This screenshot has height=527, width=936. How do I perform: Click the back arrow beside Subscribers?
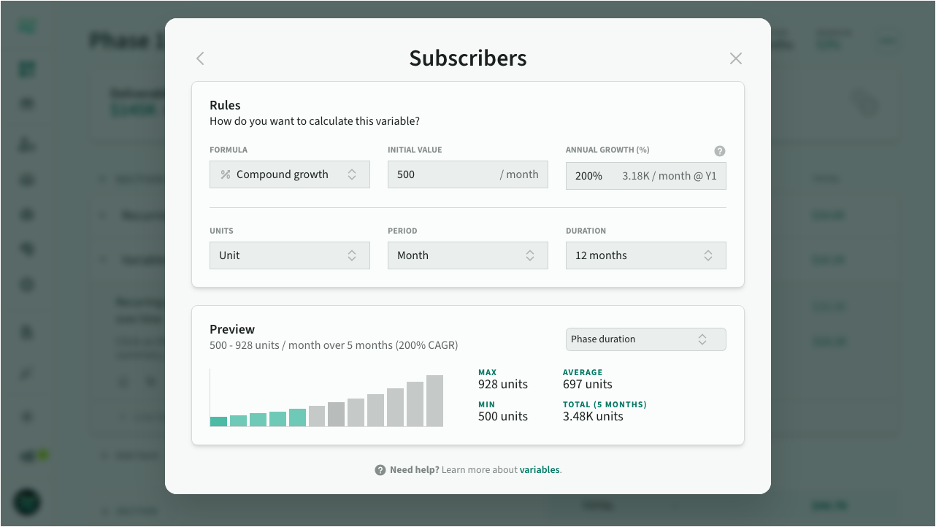200,58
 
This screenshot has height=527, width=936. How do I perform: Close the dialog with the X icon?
735,58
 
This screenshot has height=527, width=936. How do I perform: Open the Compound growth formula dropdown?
289,174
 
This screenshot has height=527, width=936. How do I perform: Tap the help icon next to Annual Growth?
719,151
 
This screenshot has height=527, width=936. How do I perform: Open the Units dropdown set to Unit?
289,255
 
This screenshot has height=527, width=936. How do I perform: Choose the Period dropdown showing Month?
467,255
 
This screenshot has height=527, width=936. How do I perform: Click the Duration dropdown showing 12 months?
645,255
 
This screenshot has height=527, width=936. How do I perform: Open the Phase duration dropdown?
645,339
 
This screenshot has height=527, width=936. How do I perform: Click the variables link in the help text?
540,470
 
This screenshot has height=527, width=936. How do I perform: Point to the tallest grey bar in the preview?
434,401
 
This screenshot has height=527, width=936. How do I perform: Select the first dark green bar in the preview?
218,421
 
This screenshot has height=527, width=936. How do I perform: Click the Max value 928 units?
502,385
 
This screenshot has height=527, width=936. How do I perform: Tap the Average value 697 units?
587,385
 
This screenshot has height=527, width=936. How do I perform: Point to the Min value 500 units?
502,417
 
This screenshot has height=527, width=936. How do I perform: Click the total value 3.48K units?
593,417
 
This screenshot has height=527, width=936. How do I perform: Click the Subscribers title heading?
467,58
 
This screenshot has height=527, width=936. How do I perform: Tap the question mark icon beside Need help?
380,470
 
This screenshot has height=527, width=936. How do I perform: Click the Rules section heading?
225,105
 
